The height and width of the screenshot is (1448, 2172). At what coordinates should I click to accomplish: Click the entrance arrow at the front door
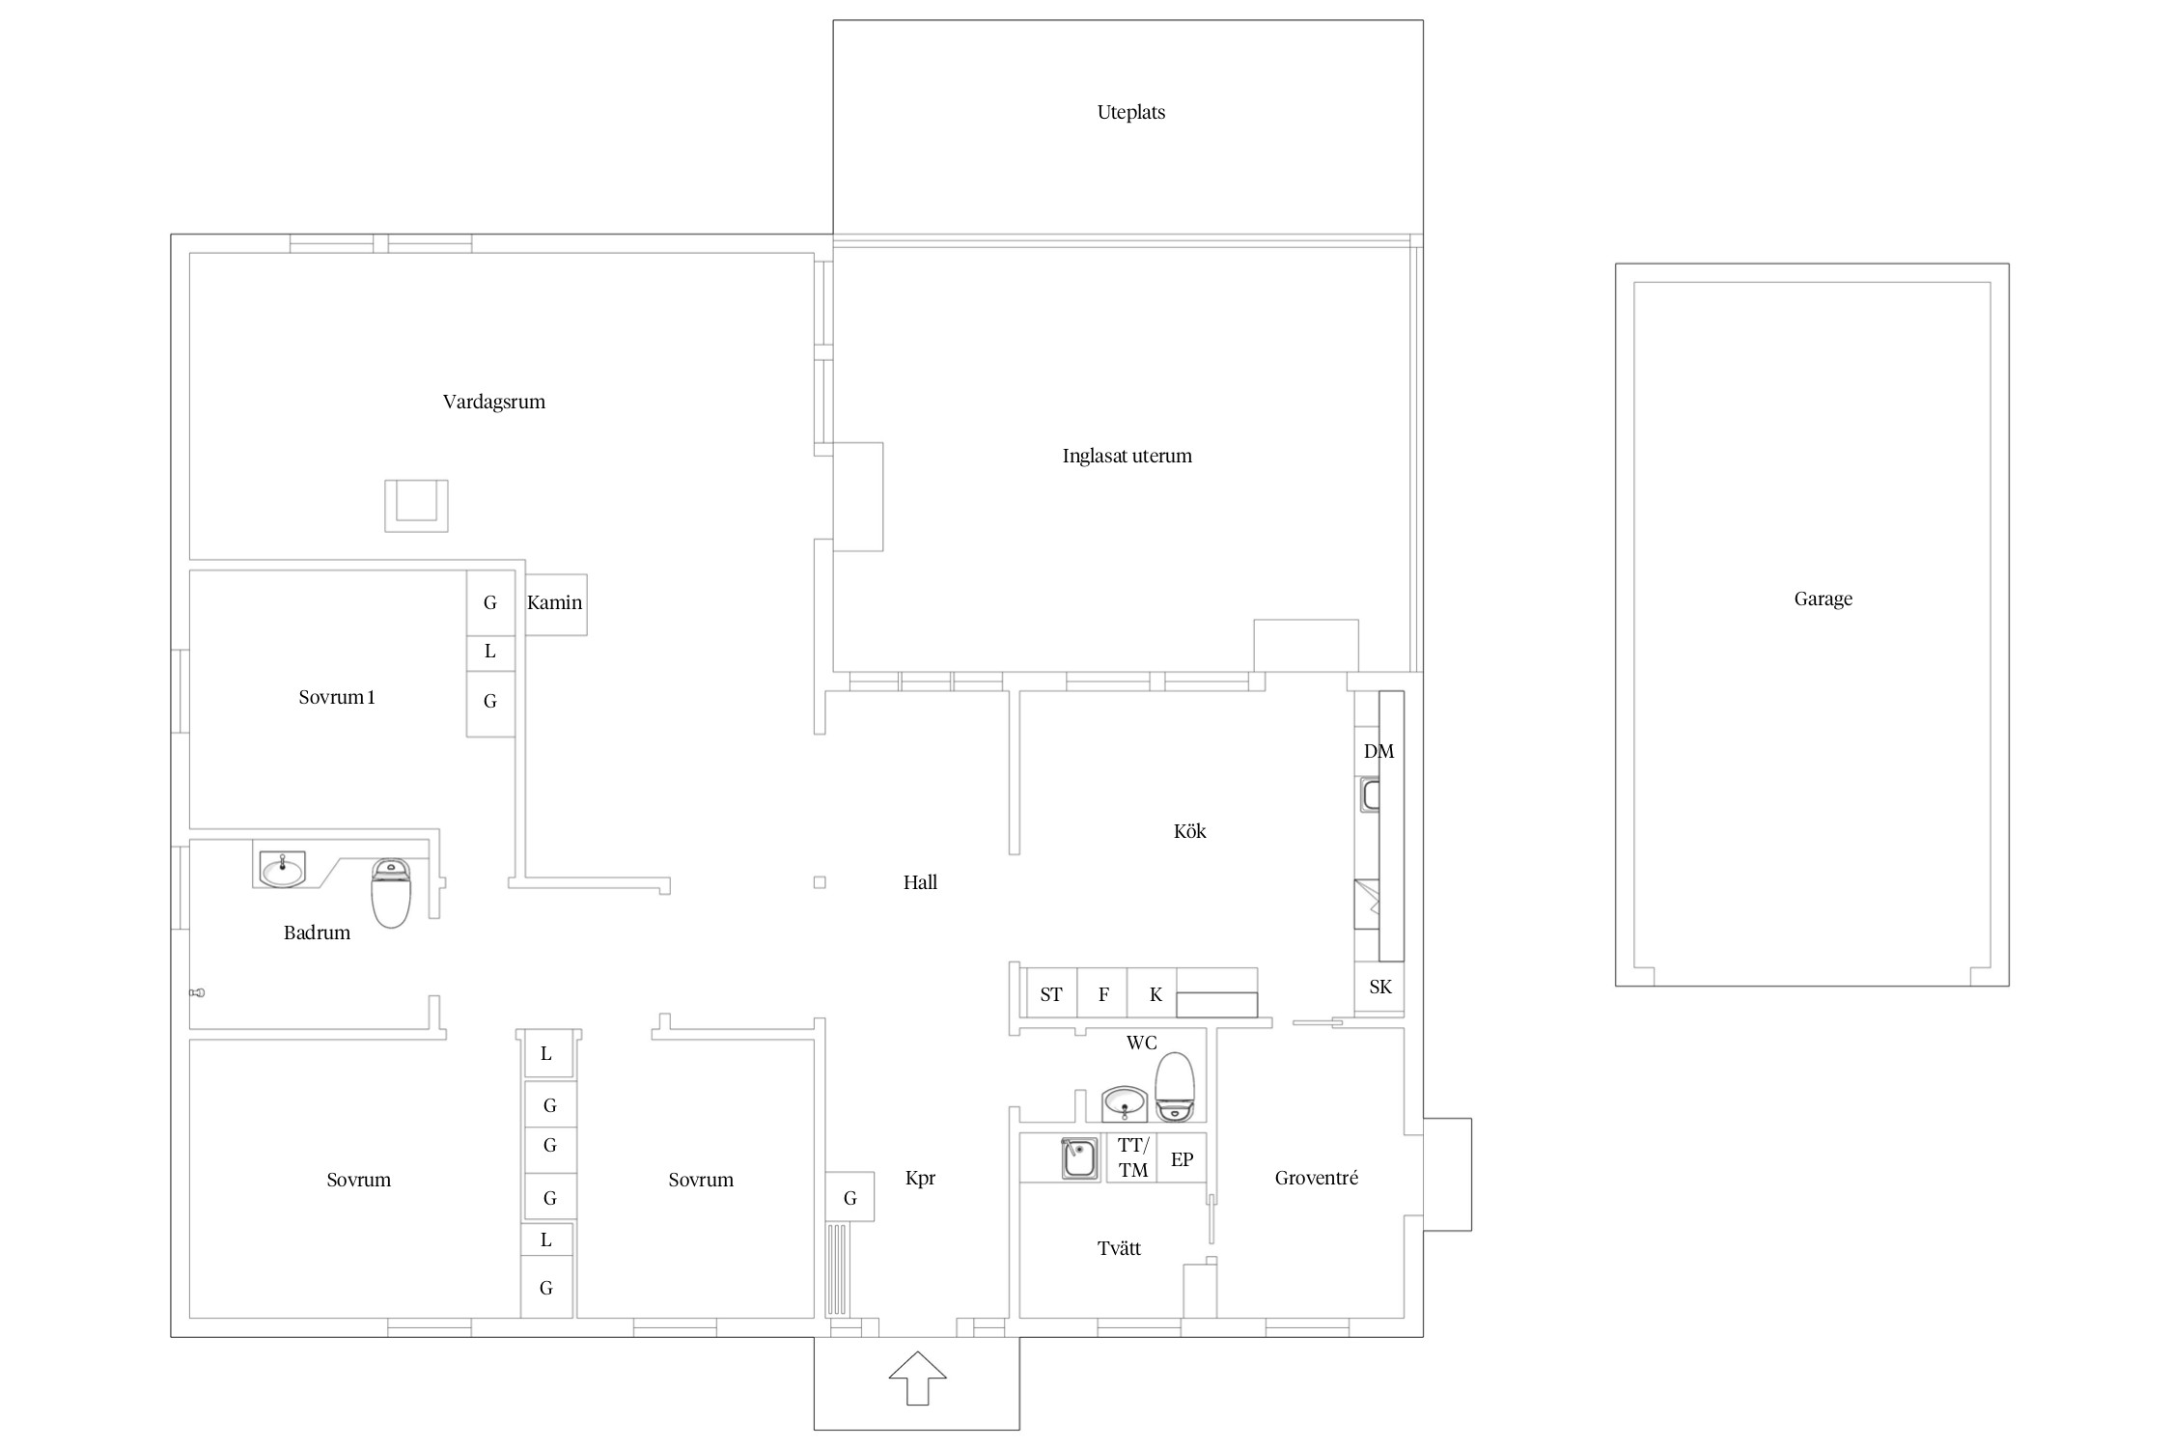916,1378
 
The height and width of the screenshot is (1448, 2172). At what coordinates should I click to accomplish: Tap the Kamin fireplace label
554,602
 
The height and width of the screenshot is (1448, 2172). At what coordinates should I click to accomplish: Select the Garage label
1823,599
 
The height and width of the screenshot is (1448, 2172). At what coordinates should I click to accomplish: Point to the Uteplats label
1130,112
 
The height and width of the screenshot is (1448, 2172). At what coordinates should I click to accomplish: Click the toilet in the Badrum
391,893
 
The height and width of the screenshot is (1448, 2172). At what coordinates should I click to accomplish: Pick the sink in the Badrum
282,869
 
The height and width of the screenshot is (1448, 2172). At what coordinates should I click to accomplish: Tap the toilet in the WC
1175,1086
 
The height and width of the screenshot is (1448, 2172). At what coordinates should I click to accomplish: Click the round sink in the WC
1125,1103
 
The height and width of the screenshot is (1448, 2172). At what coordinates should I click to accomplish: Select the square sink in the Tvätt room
1079,1158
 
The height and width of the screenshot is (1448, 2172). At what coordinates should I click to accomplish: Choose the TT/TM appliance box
1131,1158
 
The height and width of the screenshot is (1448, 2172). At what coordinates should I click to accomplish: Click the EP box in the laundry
1182,1158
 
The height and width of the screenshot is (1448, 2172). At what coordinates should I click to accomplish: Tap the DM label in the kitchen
1378,751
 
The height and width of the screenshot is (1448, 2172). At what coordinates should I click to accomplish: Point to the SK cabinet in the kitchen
1379,987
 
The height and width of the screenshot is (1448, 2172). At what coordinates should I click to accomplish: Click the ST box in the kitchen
1051,993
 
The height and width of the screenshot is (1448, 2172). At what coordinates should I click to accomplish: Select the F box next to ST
1102,993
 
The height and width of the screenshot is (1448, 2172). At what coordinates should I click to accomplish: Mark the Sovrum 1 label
336,697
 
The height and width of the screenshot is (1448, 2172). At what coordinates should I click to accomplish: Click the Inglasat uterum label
1127,456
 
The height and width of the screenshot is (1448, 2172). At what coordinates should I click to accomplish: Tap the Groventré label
1316,1178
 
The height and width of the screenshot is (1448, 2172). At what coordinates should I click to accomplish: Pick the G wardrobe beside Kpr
849,1197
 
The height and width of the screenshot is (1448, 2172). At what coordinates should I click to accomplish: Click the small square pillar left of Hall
820,882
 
